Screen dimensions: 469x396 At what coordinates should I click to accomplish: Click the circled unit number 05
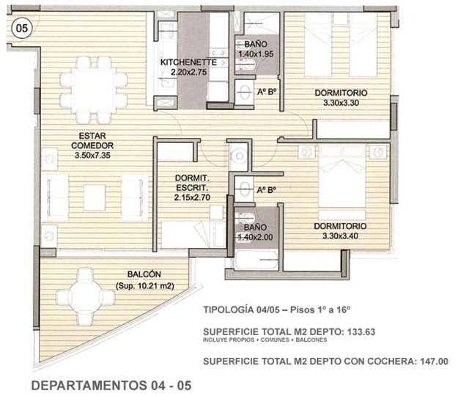pyautogui.click(x=21, y=28)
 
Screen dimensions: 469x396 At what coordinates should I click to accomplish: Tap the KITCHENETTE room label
pyautogui.click(x=188, y=62)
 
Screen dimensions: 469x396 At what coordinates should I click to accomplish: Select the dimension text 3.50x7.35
pyautogui.click(x=92, y=155)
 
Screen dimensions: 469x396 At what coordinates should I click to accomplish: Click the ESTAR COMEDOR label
pyautogui.click(x=92, y=141)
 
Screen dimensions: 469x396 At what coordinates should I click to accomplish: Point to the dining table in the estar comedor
pyautogui.click(x=93, y=89)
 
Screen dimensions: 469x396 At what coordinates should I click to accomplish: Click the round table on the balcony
pyautogui.click(x=85, y=297)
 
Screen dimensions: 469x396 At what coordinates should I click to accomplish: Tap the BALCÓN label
pyautogui.click(x=144, y=274)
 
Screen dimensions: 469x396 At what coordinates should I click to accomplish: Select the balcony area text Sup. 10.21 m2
pyautogui.click(x=145, y=286)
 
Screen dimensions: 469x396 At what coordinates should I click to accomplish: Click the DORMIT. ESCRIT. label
pyautogui.click(x=192, y=183)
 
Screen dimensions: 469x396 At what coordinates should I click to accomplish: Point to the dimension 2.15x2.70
pyautogui.click(x=192, y=197)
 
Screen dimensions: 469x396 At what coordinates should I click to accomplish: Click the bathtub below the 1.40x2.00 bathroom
pyautogui.click(x=257, y=260)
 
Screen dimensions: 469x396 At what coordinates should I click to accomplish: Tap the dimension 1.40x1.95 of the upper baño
pyautogui.click(x=256, y=54)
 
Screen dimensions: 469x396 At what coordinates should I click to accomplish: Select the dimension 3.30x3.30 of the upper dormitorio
pyautogui.click(x=341, y=103)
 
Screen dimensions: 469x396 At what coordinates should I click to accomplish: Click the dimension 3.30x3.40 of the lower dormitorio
pyautogui.click(x=340, y=236)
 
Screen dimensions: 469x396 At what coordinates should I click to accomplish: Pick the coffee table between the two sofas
pyautogui.click(x=95, y=197)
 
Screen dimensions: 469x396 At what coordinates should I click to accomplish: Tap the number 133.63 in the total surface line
pyautogui.click(x=361, y=332)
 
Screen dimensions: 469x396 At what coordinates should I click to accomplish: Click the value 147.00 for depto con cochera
pyautogui.click(x=434, y=362)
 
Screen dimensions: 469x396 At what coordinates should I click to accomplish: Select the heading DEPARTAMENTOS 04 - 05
pyautogui.click(x=111, y=386)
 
